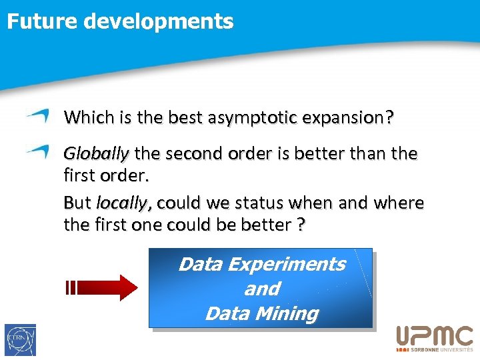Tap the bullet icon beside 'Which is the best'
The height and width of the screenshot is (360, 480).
(x=38, y=116)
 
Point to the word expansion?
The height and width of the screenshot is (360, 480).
(x=347, y=118)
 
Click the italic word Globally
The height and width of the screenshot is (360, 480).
(x=96, y=154)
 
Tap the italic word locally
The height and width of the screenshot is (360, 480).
(x=125, y=202)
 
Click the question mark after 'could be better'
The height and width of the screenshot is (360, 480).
(x=301, y=225)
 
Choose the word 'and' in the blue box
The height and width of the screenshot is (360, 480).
(x=261, y=289)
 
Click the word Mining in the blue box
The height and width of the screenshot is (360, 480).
(x=289, y=313)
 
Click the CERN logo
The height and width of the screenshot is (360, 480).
(x=20, y=340)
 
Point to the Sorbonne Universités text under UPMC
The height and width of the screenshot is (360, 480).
(x=439, y=349)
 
